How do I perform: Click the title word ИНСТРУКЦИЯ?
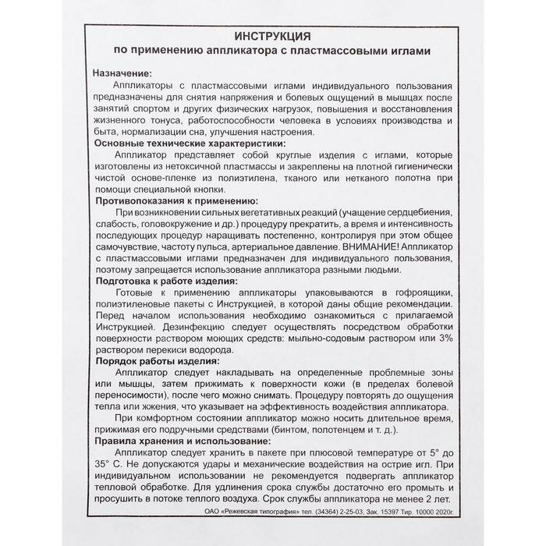tap(273, 36)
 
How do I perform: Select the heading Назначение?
tap(124, 72)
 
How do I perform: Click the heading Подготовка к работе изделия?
tap(167, 282)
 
